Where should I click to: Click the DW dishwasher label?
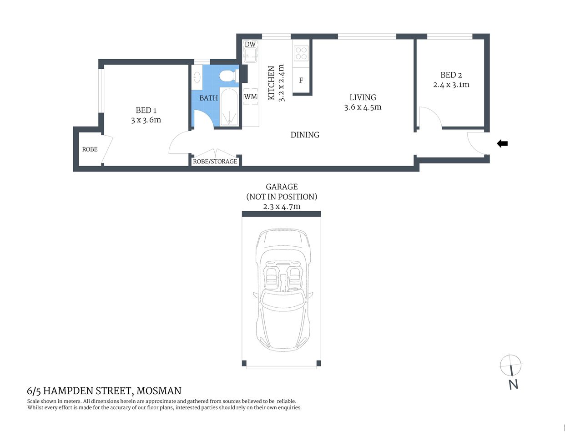click(250, 44)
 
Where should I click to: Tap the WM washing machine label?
click(251, 97)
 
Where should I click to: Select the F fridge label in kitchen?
click(301, 81)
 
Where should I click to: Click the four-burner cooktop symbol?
click(301, 53)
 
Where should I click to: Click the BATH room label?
click(208, 98)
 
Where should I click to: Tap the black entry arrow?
click(502, 144)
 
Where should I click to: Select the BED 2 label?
click(451, 75)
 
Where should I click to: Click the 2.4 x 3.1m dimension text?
click(451, 85)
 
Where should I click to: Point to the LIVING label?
click(363, 97)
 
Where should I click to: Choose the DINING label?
click(305, 135)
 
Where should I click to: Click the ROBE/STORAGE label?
click(215, 161)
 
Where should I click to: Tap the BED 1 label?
click(146, 110)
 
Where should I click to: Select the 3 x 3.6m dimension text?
click(146, 120)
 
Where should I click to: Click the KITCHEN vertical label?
click(271, 83)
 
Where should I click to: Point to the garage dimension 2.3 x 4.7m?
click(282, 206)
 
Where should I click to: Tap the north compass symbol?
click(511, 365)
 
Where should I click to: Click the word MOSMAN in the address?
click(159, 391)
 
